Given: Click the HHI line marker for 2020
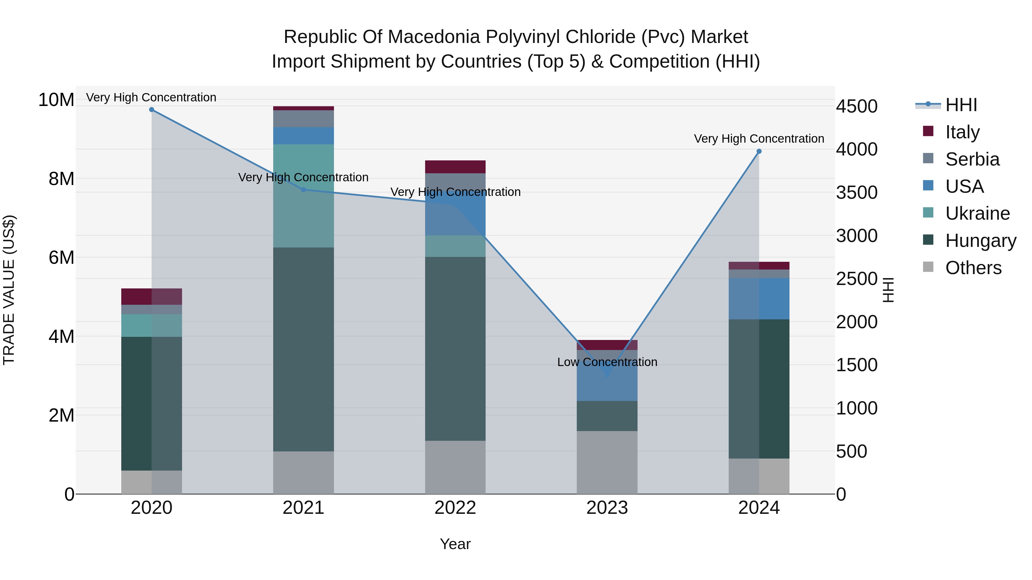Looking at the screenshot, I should click(x=151, y=110).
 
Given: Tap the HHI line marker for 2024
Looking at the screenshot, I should click(x=759, y=151).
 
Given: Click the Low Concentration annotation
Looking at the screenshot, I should click(x=607, y=362).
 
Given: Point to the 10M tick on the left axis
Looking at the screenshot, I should click(x=56, y=100).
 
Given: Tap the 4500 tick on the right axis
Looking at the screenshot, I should click(x=857, y=107).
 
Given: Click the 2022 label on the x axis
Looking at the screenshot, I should click(x=455, y=508).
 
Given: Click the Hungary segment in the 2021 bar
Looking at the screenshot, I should click(x=303, y=349).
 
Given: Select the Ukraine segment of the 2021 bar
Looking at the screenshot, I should click(x=303, y=196).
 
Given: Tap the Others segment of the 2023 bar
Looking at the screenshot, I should click(x=607, y=462).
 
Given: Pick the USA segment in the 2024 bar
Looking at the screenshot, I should click(x=759, y=299).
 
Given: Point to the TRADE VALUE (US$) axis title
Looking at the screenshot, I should click(x=9, y=290).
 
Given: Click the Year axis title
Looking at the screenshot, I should click(x=455, y=544).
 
